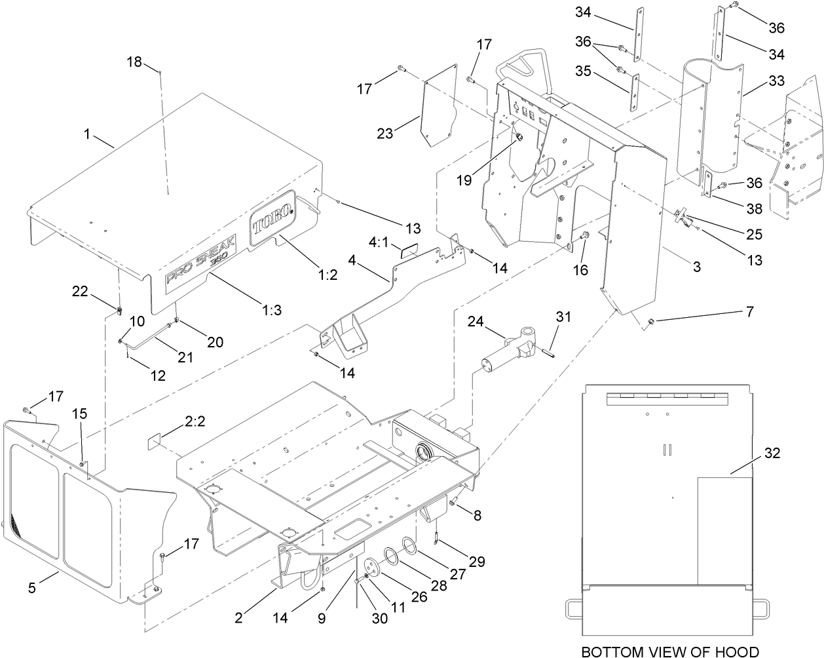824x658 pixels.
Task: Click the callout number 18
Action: click(x=134, y=62)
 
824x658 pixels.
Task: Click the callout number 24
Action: click(x=476, y=321)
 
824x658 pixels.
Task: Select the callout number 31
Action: click(x=563, y=317)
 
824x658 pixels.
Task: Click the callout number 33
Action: click(x=776, y=81)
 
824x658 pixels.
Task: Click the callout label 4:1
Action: click(x=379, y=242)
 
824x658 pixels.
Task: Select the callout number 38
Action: click(x=753, y=208)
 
